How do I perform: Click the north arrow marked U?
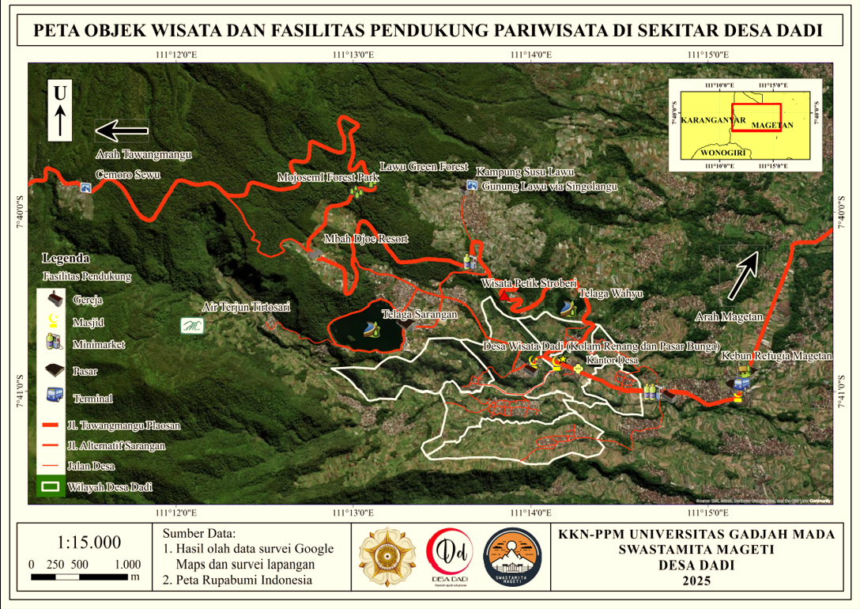(60, 110)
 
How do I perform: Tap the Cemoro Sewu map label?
(122, 174)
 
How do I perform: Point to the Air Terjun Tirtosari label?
(247, 306)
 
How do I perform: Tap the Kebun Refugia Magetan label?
(777, 357)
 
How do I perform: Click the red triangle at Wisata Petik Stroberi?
(504, 296)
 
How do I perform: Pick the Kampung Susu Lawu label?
(524, 172)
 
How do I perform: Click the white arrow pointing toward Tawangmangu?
(122, 130)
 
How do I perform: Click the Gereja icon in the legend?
(54, 300)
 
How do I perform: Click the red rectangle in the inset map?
(756, 117)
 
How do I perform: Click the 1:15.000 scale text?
(89, 543)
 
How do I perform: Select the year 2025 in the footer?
(696, 581)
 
